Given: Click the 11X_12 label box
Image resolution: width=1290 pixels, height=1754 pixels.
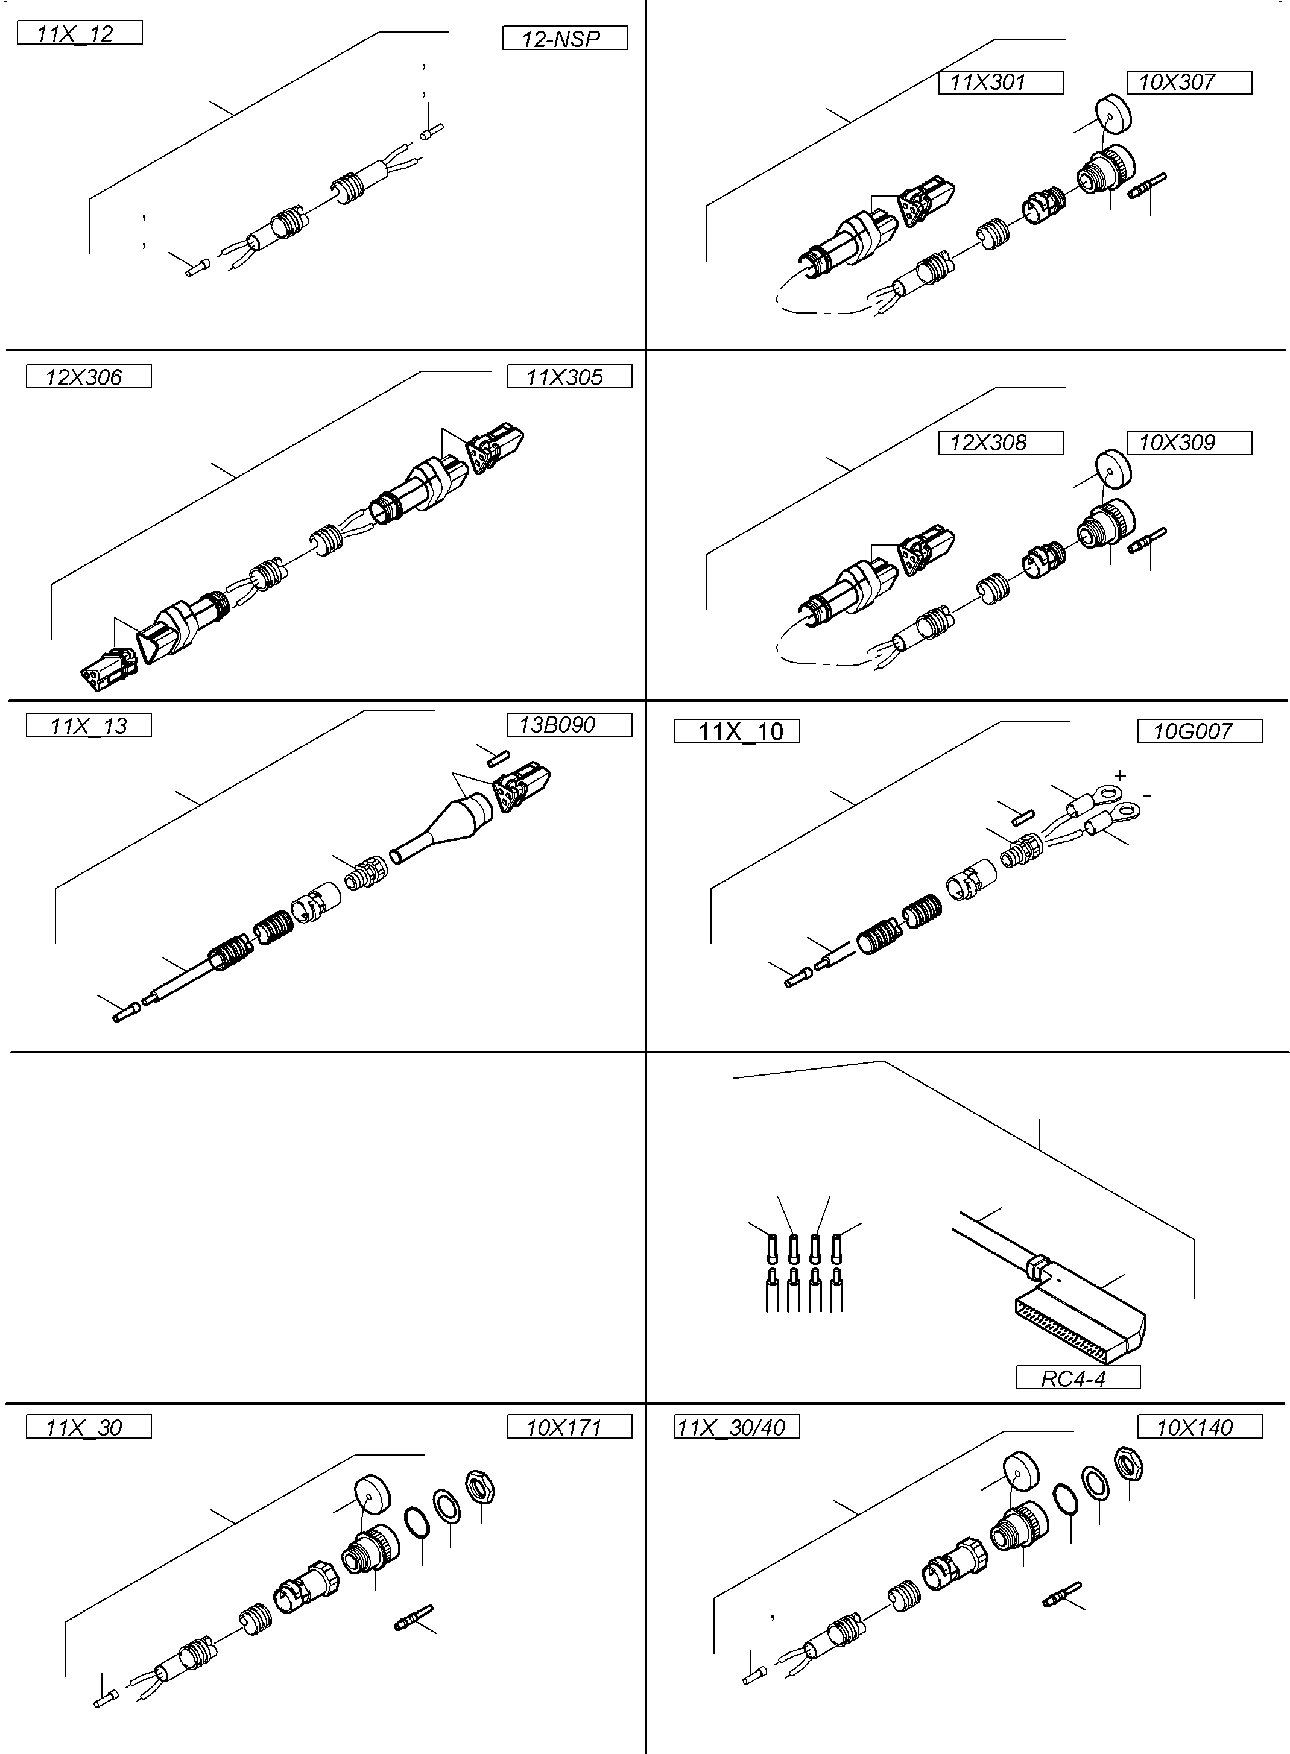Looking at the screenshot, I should coord(79,33).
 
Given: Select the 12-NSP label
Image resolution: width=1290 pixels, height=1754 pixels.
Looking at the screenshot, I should coord(564,38).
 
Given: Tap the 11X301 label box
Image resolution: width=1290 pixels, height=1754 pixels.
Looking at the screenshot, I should coord(1001,82).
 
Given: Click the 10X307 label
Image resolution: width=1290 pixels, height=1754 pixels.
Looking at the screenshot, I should coord(1189,82).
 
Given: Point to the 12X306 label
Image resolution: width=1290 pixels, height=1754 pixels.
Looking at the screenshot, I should coord(88,377).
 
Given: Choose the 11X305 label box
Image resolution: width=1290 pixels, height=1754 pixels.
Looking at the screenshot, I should coord(569,377).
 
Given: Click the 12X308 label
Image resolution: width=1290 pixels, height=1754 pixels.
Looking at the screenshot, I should coord(1001,443).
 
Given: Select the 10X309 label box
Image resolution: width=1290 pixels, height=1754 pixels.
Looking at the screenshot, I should coord(1189,443).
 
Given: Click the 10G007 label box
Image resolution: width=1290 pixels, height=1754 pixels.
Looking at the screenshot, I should coord(1199,731).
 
